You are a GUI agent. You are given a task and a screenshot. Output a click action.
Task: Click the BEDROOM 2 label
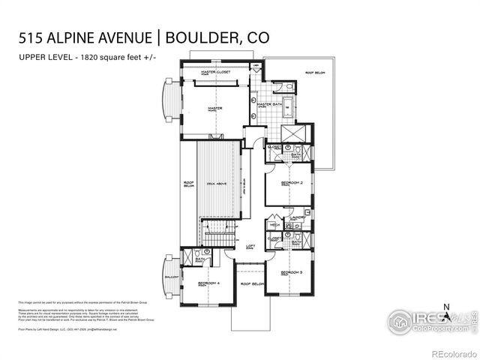[x=280, y=183]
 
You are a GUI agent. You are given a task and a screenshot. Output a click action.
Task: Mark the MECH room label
[x=274, y=224]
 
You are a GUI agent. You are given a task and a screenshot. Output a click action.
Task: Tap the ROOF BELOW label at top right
[x=314, y=73]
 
